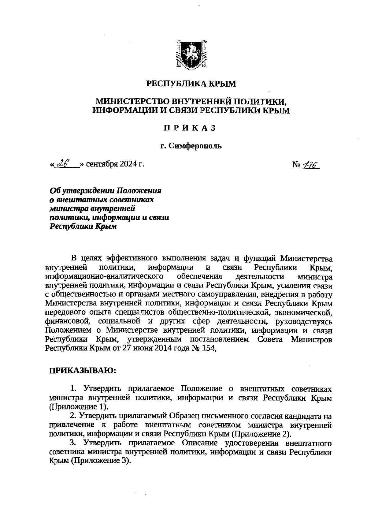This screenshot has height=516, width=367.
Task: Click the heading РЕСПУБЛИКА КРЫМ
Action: [x=191, y=84]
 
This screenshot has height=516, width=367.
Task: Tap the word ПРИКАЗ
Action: [x=189, y=128]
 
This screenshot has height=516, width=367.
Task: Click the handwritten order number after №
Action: [x=310, y=165]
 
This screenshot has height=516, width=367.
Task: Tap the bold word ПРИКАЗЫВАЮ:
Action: [x=83, y=370]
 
